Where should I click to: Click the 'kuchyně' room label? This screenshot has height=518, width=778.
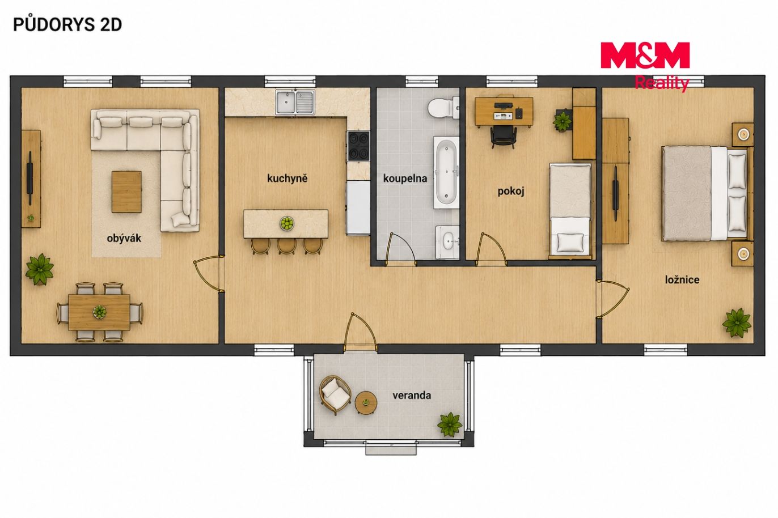pyautogui.click(x=287, y=179)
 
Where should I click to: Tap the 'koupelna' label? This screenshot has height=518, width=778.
pyautogui.click(x=405, y=179)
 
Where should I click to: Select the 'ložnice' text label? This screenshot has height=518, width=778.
pyautogui.click(x=682, y=280)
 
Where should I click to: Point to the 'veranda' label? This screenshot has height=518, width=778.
pyautogui.click(x=412, y=396)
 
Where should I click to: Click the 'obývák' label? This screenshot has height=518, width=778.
pyautogui.click(x=124, y=238)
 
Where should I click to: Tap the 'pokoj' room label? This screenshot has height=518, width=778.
pyautogui.click(x=510, y=192)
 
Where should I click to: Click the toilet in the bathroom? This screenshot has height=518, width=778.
pyautogui.click(x=443, y=107)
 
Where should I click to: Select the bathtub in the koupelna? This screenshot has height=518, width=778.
pyautogui.click(x=446, y=172)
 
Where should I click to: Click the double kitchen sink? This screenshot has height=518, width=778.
pyautogui.click(x=295, y=103)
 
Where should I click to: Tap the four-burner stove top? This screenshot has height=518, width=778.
pyautogui.click(x=358, y=146)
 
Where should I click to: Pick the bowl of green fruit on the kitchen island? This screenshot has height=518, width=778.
pyautogui.click(x=287, y=223)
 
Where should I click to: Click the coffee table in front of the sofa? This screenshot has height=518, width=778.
pyautogui.click(x=126, y=192)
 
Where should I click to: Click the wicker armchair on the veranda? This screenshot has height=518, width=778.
pyautogui.click(x=335, y=395)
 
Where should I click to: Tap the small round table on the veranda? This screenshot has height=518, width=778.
pyautogui.click(x=366, y=403)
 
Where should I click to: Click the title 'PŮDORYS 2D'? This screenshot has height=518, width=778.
pyautogui.click(x=67, y=24)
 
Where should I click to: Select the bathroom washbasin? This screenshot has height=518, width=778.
pyautogui.click(x=447, y=242)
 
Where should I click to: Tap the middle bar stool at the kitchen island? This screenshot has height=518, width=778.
pyautogui.click(x=286, y=246)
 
